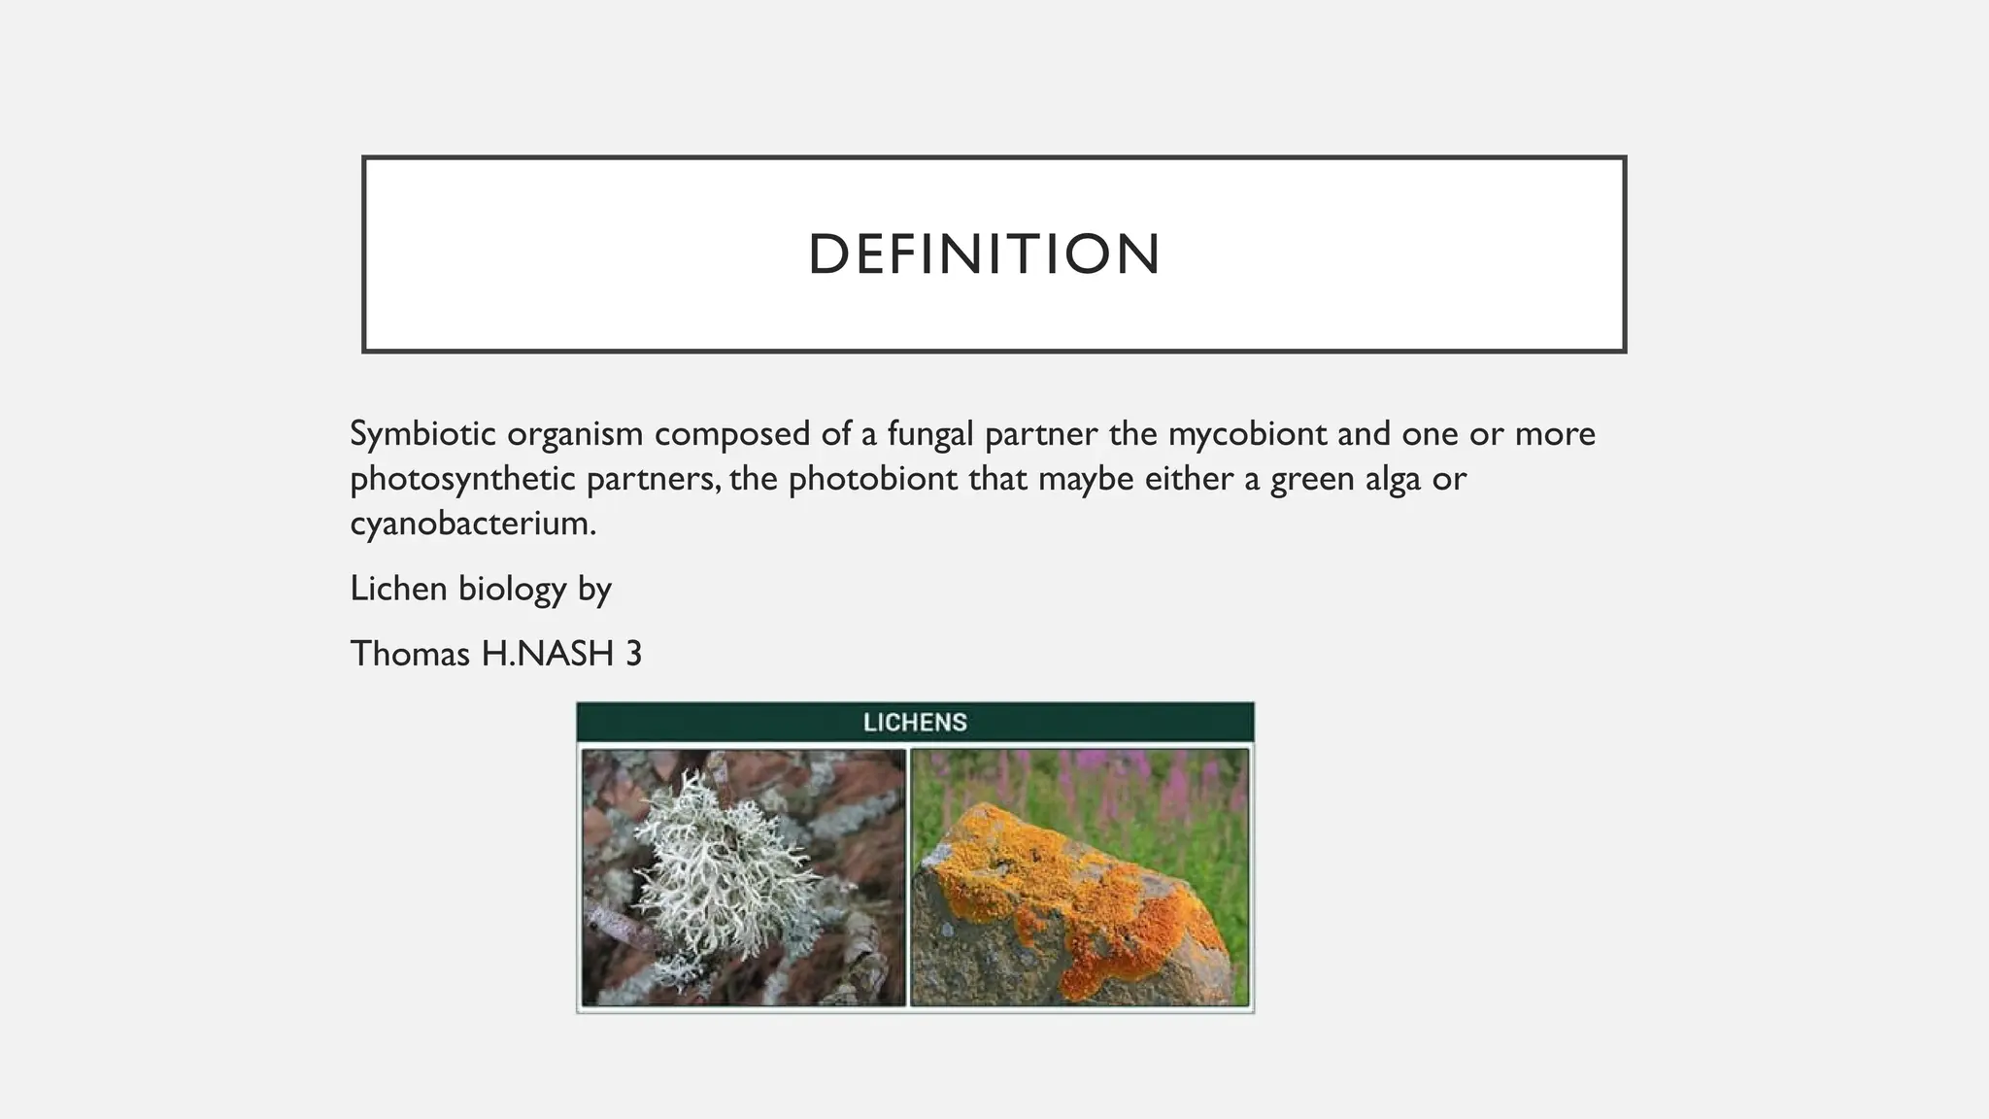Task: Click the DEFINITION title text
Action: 984,254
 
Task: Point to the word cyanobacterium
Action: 472,524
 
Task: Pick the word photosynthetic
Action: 462,479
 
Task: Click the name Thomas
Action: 410,654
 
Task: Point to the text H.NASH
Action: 548,654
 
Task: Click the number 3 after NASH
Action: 633,654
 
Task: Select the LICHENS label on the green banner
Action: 915,723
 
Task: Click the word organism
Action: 574,433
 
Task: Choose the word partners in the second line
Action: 653,479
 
